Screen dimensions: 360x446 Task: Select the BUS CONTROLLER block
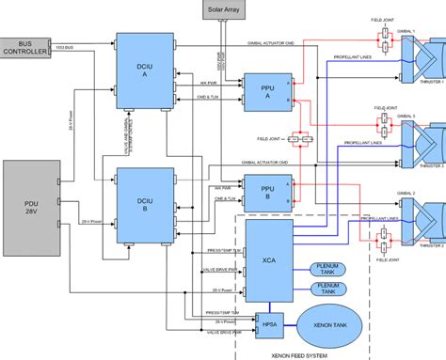tap(30, 47)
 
